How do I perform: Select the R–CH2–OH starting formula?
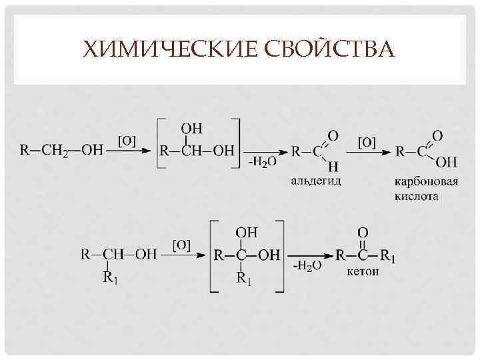61,150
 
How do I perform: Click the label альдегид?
315,181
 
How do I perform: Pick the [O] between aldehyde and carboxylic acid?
367,142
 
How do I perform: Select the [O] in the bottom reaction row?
181,245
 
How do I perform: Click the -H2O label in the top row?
263,163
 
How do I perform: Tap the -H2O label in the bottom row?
307,265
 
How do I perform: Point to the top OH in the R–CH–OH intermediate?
192,128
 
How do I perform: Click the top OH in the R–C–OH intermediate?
247,232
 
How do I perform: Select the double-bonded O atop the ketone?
363,232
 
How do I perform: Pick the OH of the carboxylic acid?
446,162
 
